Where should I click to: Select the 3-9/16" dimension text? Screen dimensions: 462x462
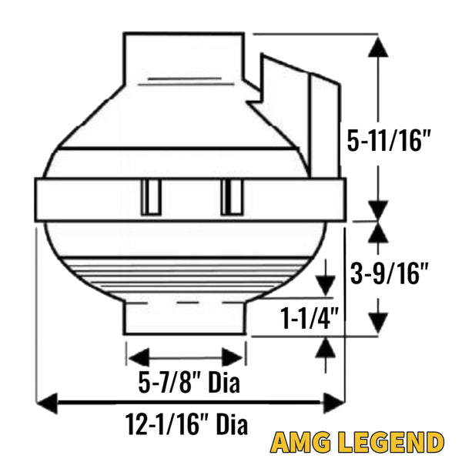[x=389, y=273]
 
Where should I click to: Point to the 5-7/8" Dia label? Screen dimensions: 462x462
[x=189, y=382]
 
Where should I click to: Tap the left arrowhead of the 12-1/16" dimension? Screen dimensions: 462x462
[x=46, y=403]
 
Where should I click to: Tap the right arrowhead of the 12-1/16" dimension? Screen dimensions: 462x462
[x=334, y=403]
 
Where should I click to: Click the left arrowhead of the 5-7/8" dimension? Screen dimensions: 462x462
[x=139, y=358]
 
